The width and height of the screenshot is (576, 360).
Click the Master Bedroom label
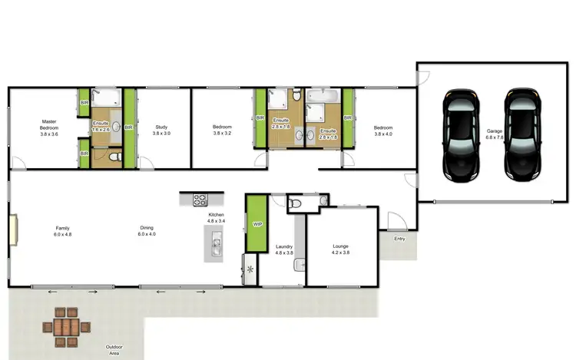[x=49, y=128]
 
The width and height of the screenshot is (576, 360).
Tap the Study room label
[x=161, y=130]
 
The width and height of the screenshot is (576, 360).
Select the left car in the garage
[x=461, y=134]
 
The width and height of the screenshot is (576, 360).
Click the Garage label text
[x=494, y=135]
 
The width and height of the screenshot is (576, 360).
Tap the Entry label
[x=399, y=239]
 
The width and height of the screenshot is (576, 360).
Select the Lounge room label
[x=340, y=249]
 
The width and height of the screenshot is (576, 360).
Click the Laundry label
[x=284, y=249]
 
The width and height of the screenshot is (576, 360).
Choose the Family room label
[x=62, y=230]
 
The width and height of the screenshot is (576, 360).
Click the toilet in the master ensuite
[x=114, y=156]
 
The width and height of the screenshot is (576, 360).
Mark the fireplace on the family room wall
[x=13, y=230]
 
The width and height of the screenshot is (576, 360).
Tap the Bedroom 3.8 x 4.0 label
[x=383, y=130]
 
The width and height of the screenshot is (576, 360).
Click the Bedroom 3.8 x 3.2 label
[x=222, y=130]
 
